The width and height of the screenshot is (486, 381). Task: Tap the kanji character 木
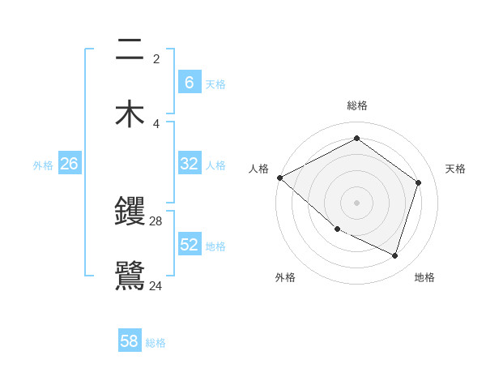[130, 114]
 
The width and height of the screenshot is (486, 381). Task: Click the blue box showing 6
[189, 82]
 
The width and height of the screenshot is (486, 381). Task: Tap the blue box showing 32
[189, 164]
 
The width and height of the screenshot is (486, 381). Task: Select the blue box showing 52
[189, 245]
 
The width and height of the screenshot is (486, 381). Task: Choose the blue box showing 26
[69, 164]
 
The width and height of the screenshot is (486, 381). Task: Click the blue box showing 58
[130, 341]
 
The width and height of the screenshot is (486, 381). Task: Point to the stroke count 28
[156, 220]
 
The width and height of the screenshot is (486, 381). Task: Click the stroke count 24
[156, 285]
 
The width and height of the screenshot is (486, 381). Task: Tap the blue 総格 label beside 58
[156, 343]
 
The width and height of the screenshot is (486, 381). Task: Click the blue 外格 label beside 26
[43, 165]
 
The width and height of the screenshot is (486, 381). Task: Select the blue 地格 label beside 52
[215, 246]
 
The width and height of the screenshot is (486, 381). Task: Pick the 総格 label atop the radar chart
[356, 105]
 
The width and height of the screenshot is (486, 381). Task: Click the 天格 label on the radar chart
[455, 169]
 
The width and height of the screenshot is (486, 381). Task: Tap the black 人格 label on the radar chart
[258, 169]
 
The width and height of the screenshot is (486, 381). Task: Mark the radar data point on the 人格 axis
[279, 178]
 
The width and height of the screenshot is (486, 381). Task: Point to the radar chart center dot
[356, 203]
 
